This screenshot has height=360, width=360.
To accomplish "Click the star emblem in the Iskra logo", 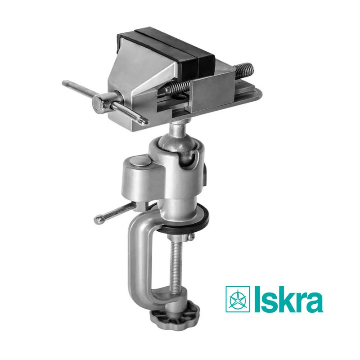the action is (x=238, y=299).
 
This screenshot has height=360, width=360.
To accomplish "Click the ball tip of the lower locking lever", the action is (x=98, y=220).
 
